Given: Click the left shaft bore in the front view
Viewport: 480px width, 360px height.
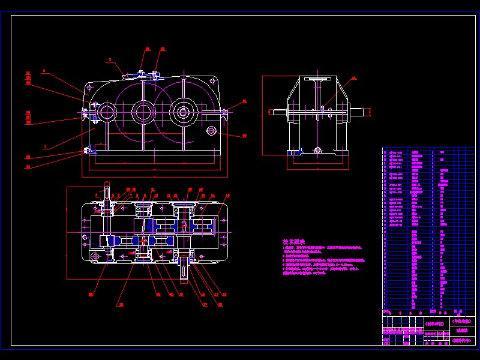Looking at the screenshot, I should (107, 112).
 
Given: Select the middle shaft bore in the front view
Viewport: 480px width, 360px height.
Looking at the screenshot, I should (144, 111).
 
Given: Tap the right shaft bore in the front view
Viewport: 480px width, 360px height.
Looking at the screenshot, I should (182, 111).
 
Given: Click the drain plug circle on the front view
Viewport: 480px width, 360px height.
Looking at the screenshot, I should (211, 130).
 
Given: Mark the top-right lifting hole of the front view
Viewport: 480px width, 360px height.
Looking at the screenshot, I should (212, 80).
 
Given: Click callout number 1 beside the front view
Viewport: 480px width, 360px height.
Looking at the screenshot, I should (46, 147).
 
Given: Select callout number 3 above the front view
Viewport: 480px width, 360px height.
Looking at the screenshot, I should (110, 60).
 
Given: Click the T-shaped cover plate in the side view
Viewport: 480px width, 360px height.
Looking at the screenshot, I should (318, 80).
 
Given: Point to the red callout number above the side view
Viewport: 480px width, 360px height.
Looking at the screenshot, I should (353, 78).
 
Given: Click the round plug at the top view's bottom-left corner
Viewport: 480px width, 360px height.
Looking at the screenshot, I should (95, 257).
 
